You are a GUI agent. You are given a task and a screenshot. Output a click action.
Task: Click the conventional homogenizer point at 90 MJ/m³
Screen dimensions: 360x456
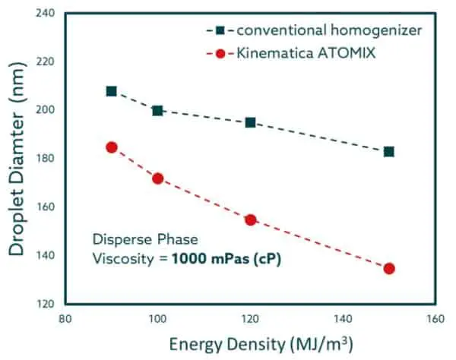point(112,91)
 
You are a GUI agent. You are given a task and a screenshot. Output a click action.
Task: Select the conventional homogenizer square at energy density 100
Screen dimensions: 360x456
point(157,110)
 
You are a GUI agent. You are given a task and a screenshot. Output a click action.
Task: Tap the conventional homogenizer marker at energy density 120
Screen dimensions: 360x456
point(250,122)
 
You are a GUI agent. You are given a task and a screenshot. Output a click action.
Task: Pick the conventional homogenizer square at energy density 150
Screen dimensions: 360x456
point(389,151)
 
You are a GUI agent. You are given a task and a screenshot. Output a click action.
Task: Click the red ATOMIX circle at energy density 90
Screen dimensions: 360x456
point(112,147)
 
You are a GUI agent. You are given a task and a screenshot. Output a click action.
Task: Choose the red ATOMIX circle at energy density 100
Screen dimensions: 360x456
point(157,178)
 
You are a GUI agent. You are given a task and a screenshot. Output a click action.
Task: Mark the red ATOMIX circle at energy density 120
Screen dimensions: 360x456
point(250,219)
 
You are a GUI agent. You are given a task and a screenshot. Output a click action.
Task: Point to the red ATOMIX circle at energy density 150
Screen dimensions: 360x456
point(389,268)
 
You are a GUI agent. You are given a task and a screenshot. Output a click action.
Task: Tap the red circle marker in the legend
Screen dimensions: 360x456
point(220,55)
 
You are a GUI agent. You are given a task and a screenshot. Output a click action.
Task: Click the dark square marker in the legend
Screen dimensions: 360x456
point(220,30)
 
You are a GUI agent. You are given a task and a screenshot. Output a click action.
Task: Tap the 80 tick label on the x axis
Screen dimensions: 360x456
point(65,321)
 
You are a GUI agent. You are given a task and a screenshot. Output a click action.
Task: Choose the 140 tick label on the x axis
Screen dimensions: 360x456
point(343,321)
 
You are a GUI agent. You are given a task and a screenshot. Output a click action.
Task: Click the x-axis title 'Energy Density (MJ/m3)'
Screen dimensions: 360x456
point(251,346)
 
